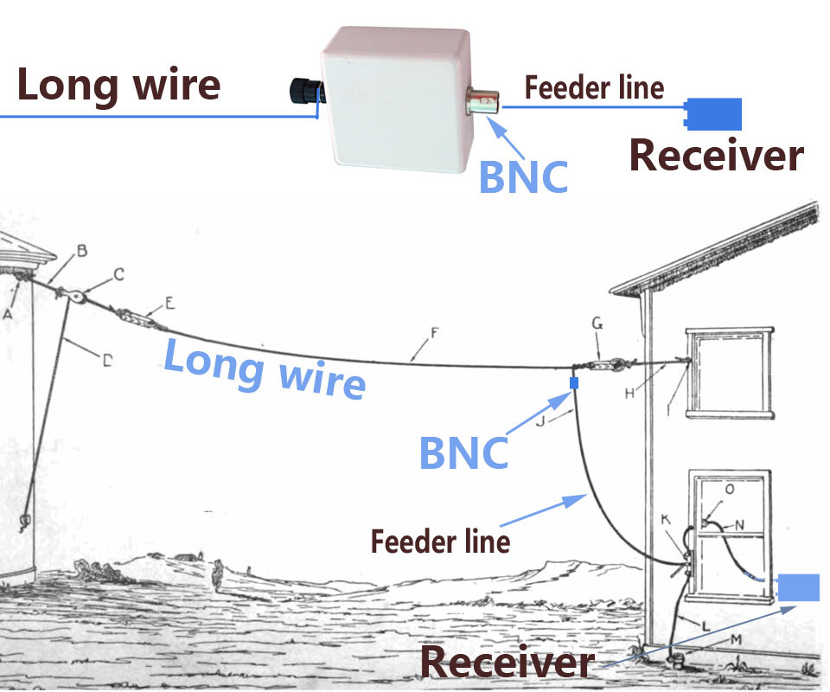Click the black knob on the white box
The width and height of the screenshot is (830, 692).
coord(303,88)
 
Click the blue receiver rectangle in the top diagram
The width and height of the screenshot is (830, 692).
coord(714,113)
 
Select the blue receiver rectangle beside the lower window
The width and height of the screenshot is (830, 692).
coord(798,587)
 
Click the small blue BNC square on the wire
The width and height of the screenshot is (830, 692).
coord(572,382)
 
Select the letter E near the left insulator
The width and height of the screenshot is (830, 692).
coord(169,302)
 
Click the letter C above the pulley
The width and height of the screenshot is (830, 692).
coord(119,274)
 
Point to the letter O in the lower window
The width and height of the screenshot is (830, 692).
coord(729,490)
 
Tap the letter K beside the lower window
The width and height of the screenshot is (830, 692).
coord(666,520)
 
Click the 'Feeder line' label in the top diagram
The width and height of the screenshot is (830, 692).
coord(594,87)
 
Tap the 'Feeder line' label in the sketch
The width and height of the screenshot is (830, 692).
coord(440,542)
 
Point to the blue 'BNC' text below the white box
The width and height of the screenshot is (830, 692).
coord(523,177)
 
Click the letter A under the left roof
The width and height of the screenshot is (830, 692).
coord(7,315)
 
